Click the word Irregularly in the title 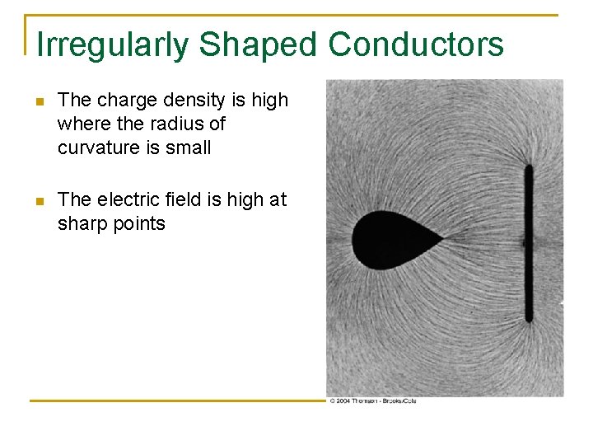coord(112,44)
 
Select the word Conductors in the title coord(416,44)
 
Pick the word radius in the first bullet coord(173,124)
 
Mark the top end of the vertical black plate coord(529,168)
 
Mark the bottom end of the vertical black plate coord(529,319)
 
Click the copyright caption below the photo coord(372,400)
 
